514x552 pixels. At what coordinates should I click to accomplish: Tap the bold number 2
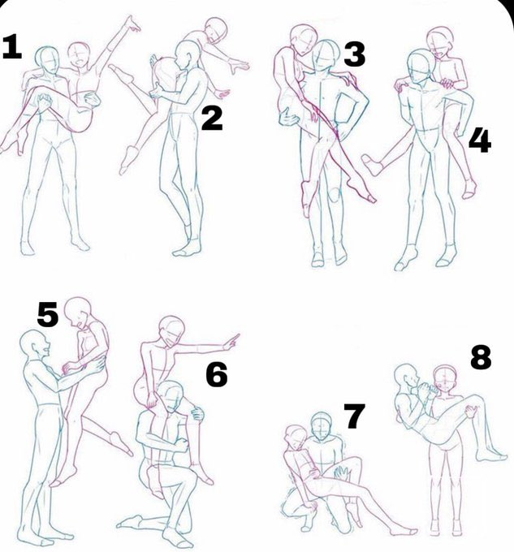212,119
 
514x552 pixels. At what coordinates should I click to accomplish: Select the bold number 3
355,54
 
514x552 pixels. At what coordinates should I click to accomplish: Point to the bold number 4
480,140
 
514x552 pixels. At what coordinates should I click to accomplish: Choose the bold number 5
48,314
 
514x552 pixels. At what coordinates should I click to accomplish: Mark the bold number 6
217,374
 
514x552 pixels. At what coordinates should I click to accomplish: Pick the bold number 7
355,416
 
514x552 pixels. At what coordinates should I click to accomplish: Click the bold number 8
481,356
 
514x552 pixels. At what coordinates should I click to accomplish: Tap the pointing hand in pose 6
231,342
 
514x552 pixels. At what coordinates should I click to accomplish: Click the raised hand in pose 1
133,24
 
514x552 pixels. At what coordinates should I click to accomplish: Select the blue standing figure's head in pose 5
34,345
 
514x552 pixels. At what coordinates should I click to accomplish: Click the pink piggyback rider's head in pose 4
440,41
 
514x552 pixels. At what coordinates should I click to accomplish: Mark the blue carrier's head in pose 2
187,55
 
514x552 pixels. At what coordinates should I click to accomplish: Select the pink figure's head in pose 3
302,40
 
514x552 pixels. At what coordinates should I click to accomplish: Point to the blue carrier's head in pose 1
47,60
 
